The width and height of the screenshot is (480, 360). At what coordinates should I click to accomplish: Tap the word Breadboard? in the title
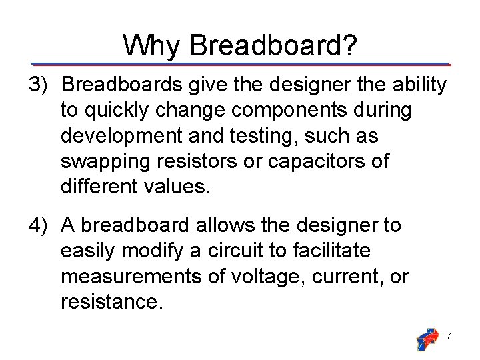(274, 45)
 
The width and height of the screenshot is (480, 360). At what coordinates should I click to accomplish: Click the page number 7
(449, 337)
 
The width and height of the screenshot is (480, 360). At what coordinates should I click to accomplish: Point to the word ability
(419, 85)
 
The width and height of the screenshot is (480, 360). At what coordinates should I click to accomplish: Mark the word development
(121, 136)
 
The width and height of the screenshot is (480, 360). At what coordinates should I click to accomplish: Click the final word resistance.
(111, 301)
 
